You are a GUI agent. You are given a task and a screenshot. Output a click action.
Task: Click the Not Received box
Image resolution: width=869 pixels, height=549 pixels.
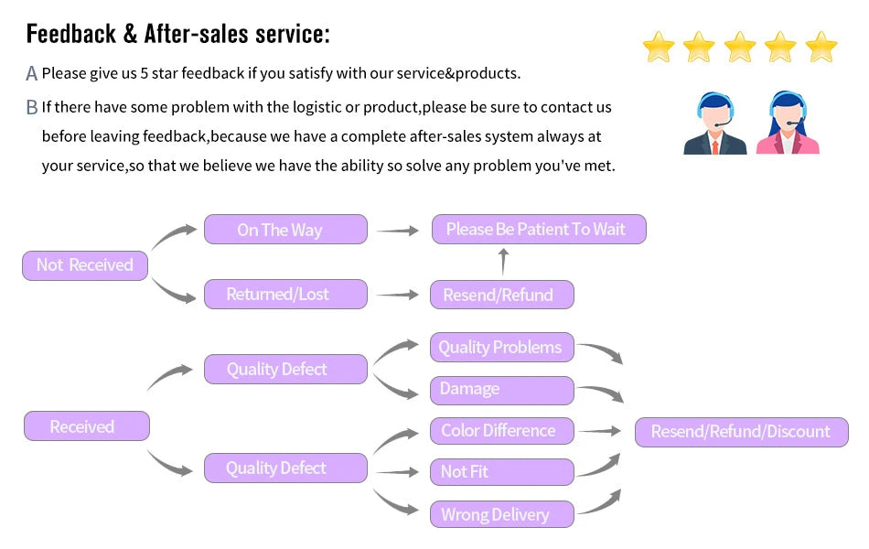pyautogui.click(x=85, y=265)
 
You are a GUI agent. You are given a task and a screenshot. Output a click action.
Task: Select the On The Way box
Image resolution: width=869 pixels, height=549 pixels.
pyautogui.click(x=285, y=230)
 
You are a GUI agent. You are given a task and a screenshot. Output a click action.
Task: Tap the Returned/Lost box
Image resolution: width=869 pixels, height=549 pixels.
pyautogui.click(x=285, y=295)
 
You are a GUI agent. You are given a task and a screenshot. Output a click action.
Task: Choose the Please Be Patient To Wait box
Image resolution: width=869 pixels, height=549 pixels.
pyautogui.click(x=539, y=230)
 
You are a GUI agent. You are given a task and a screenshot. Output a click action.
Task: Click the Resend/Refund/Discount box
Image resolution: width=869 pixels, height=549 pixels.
pyautogui.click(x=741, y=432)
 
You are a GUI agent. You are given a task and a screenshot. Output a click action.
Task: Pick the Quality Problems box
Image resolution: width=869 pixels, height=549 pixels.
pyautogui.click(x=502, y=348)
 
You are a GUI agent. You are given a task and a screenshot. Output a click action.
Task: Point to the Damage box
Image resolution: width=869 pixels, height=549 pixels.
pyautogui.click(x=502, y=390)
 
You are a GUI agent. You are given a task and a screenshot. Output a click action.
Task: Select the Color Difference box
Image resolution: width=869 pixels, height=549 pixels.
pyautogui.click(x=502, y=431)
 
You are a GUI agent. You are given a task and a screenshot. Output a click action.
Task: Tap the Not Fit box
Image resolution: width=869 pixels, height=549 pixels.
pyautogui.click(x=502, y=472)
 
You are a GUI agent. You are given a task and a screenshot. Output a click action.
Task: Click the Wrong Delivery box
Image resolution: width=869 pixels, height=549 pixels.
pyautogui.click(x=502, y=514)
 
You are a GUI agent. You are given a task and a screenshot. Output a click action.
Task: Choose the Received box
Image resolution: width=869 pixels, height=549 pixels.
pyautogui.click(x=86, y=426)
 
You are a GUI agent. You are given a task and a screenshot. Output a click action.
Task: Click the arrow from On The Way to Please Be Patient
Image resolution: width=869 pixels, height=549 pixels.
pyautogui.click(x=398, y=231)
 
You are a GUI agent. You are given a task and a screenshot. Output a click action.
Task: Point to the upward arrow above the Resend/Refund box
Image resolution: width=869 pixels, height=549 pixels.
pyautogui.click(x=502, y=262)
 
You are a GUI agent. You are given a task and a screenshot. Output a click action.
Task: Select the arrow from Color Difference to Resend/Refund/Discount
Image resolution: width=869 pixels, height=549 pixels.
pyautogui.click(x=600, y=431)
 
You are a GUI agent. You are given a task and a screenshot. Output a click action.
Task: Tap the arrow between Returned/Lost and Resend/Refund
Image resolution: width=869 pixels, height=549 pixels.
pyautogui.click(x=398, y=295)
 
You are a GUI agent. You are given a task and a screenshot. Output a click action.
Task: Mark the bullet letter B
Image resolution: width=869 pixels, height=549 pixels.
pyautogui.click(x=32, y=108)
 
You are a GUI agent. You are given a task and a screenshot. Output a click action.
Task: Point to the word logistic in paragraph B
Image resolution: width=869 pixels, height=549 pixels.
pyautogui.click(x=316, y=107)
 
